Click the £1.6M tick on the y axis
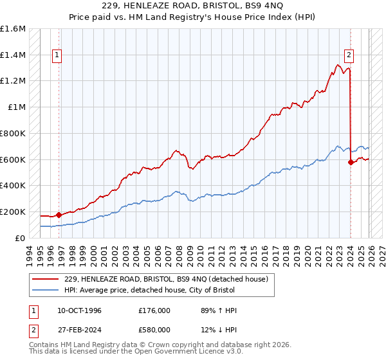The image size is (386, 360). (x=14, y=29)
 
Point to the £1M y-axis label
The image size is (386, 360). (x=18, y=107)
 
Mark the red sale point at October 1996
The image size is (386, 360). (x=59, y=215)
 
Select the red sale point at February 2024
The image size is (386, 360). (x=351, y=162)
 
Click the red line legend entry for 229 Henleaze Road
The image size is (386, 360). (x=170, y=278)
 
